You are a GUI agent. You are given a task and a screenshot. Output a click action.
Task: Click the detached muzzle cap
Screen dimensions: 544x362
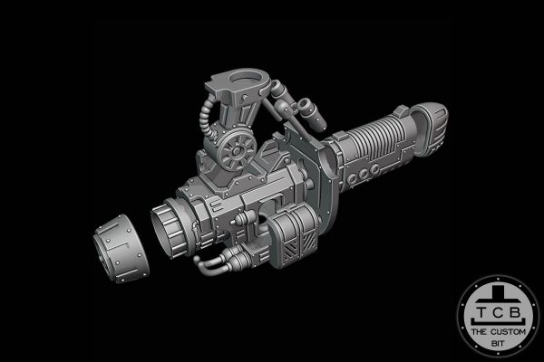(x=121, y=249)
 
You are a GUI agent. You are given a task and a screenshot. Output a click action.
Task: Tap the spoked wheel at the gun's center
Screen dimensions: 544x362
(x=237, y=151)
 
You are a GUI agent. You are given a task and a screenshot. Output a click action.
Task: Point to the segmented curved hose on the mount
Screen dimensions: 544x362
(x=208, y=117)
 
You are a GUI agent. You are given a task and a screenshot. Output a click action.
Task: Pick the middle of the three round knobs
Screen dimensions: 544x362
(x=363, y=174)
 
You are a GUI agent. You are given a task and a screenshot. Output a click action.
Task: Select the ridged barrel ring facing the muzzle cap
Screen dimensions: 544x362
(x=170, y=228)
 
